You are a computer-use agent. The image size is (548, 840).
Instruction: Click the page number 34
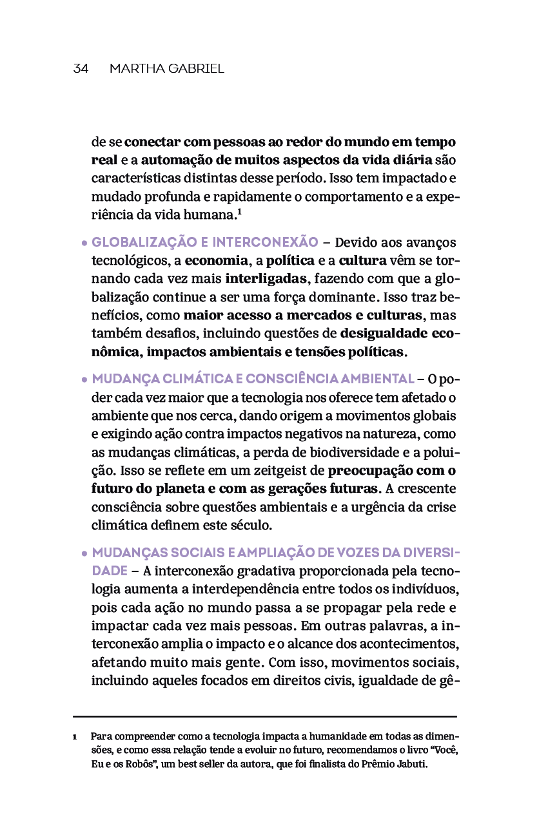coord(81,69)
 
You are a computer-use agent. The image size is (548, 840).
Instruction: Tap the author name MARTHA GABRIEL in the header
coord(166,69)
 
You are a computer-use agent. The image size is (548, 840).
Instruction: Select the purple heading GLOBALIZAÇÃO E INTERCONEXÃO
coord(205,243)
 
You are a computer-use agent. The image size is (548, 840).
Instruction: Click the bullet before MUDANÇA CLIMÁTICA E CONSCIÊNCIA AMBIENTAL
coord(84,380)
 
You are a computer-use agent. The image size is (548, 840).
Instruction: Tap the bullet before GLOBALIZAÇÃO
coord(84,244)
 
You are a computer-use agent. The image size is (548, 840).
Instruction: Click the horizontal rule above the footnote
coord(264,716)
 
